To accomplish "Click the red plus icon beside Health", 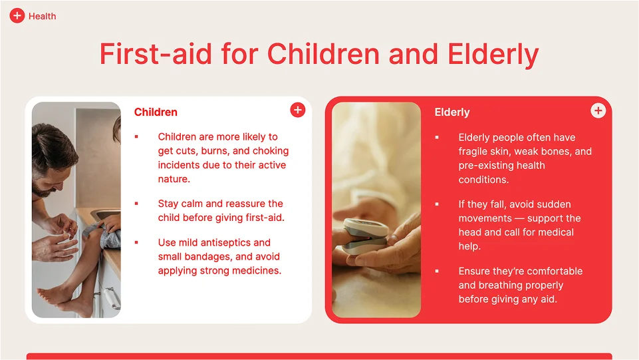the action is point(17,16).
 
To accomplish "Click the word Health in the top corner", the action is point(43,17).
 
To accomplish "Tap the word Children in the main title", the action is point(323,54).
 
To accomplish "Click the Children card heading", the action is point(156,112).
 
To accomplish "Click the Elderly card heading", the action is point(452,112).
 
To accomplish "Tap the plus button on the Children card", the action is point(298,110).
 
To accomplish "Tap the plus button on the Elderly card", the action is point(598,110).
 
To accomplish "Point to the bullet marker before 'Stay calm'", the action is point(136,204).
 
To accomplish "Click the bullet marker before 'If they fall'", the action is point(437,204).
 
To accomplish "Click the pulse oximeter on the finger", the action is point(364,236).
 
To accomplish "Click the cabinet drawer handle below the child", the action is point(112,297).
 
